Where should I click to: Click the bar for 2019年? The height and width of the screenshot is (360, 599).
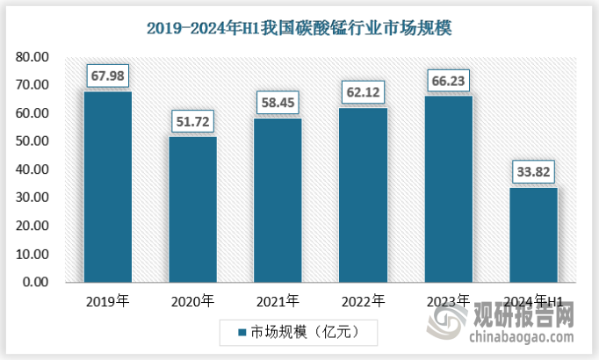(108, 187)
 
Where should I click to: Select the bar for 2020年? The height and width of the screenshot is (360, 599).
(192, 209)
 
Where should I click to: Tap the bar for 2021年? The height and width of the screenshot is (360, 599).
(278, 200)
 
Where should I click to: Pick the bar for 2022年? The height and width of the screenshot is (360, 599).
(363, 195)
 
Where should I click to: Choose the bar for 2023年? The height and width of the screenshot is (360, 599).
(448, 189)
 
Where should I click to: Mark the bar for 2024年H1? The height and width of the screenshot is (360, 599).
(533, 234)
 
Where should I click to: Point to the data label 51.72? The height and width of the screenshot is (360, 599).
(192, 120)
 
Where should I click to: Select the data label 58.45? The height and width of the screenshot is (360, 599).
(278, 103)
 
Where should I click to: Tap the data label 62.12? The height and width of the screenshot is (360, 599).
(363, 90)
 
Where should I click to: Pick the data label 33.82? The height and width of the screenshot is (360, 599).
(533, 171)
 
